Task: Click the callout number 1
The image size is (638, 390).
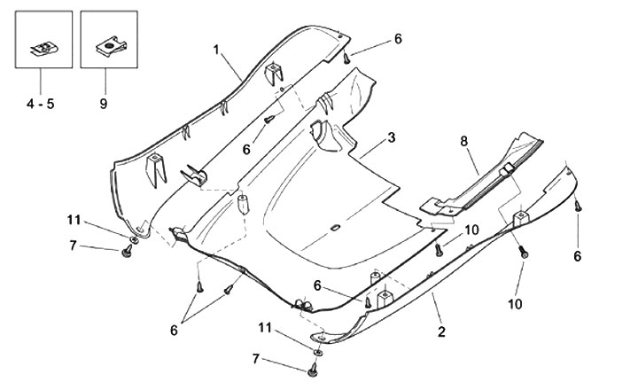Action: [216, 50]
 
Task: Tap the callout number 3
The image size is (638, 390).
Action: [391, 138]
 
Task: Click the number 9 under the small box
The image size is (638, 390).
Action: [103, 104]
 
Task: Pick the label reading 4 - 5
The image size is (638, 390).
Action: [39, 104]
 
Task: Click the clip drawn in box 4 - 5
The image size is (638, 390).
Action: [41, 48]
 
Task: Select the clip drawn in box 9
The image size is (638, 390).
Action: [108, 45]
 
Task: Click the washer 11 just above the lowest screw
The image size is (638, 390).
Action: [318, 351]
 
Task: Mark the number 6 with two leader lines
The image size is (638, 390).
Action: [174, 330]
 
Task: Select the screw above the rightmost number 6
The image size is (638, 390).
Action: [577, 206]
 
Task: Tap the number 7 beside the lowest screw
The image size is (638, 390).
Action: [257, 359]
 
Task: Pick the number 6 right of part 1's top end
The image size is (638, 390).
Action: [398, 39]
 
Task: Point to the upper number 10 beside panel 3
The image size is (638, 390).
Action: [471, 230]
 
